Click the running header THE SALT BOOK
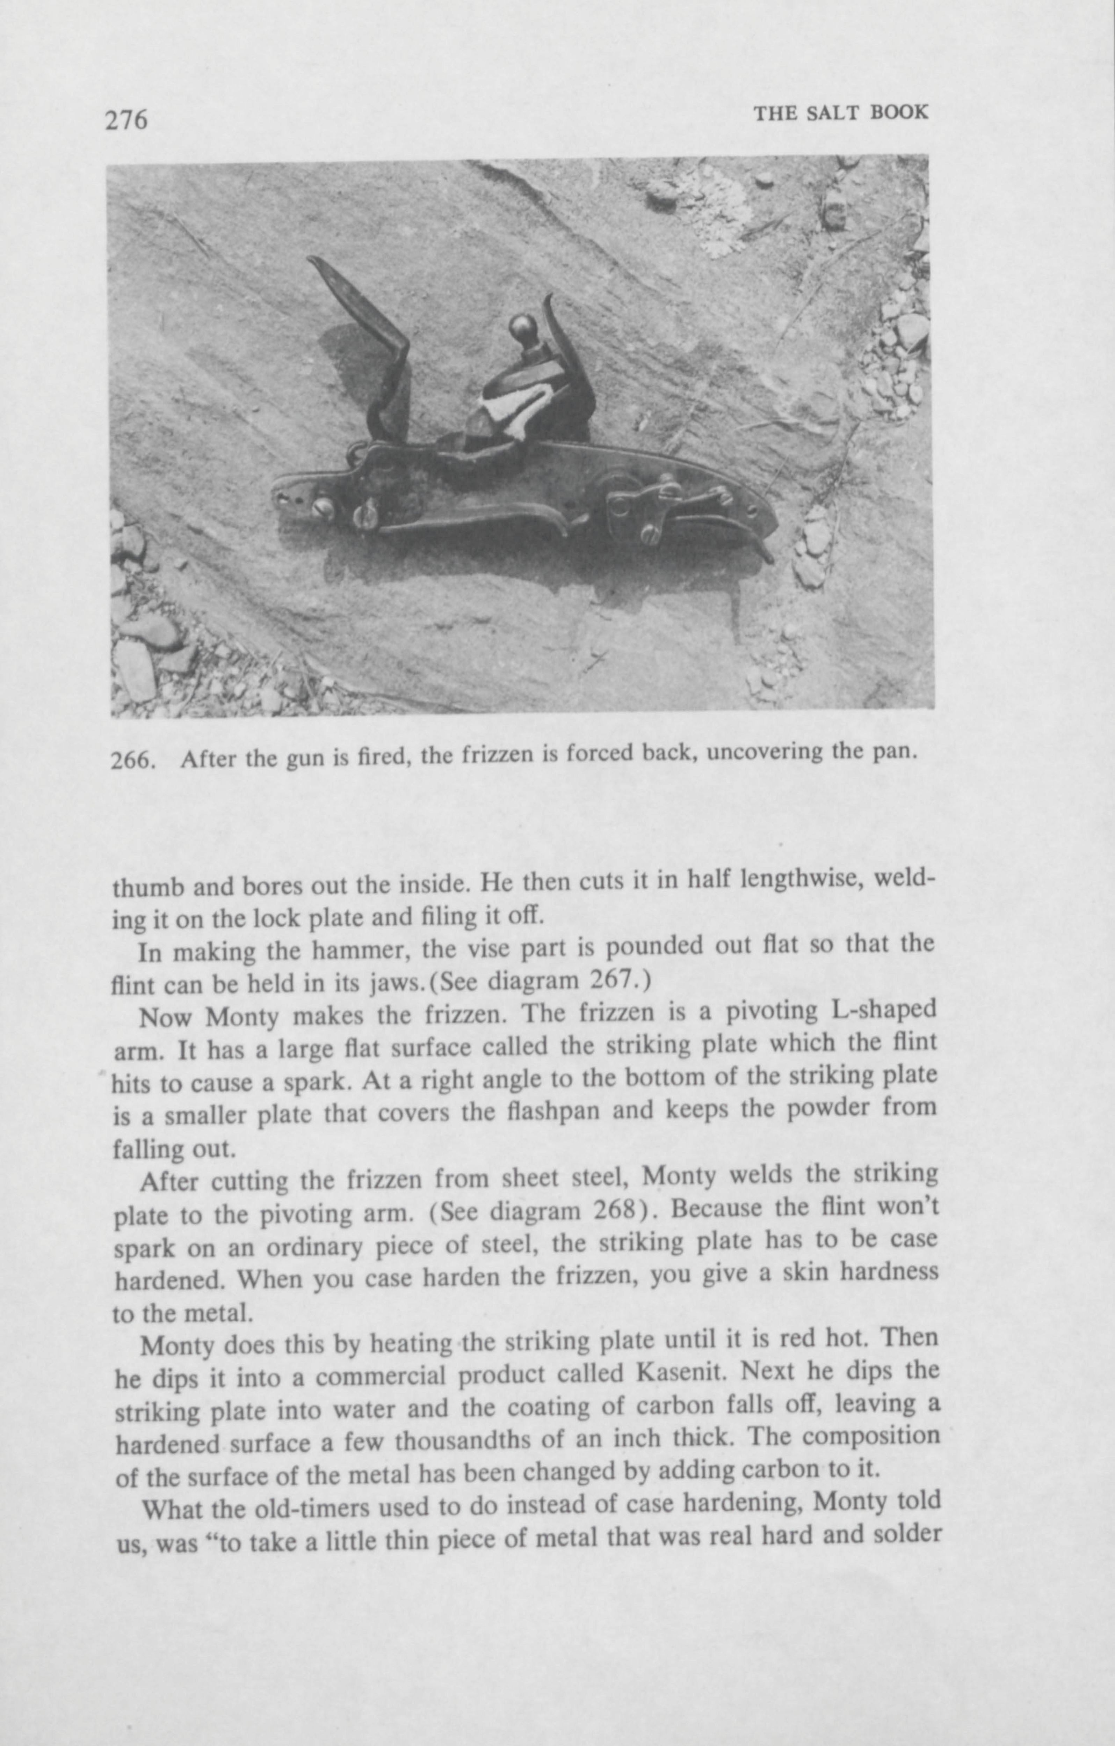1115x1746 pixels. coord(840,113)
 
